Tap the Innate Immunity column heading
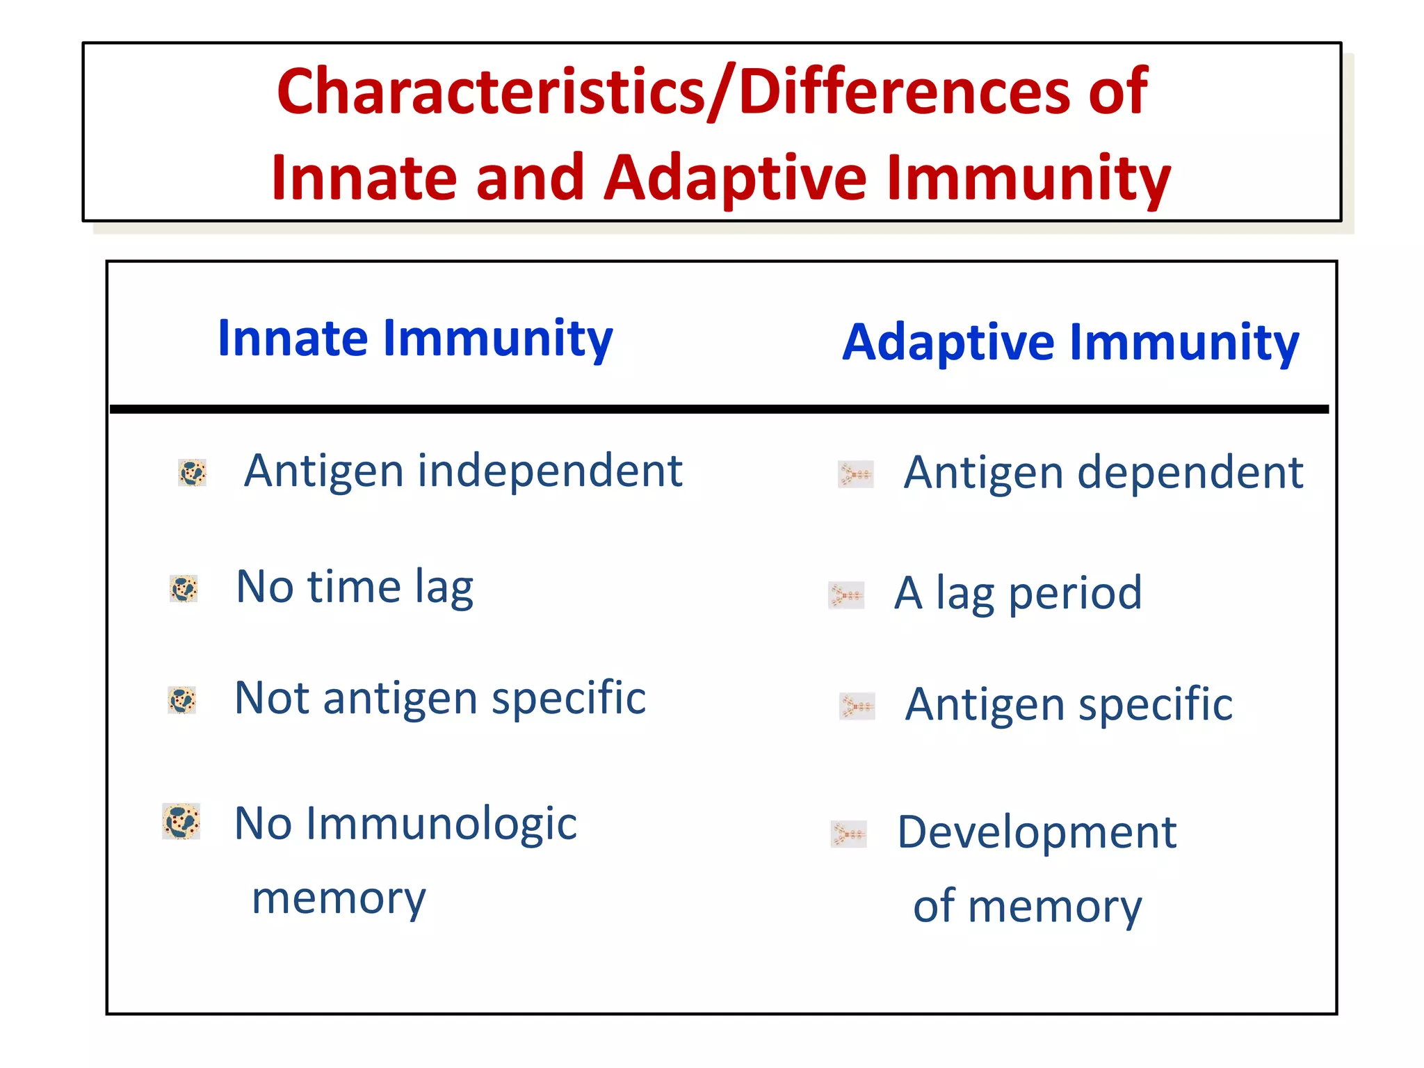pyautogui.click(x=415, y=339)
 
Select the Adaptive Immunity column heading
pyautogui.click(x=1070, y=343)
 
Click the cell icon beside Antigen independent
pyautogui.click(x=192, y=473)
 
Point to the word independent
pyautogui.click(x=549, y=471)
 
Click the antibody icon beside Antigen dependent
pyautogui.click(x=855, y=475)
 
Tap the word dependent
pyautogui.click(x=1190, y=474)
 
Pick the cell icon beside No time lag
pyautogui.click(x=184, y=589)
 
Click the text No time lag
pyautogui.click(x=355, y=588)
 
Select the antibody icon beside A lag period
pyautogui.click(x=846, y=596)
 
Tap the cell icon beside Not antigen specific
pyautogui.click(x=182, y=700)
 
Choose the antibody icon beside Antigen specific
pyautogui.click(x=857, y=706)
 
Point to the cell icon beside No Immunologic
pyautogui.click(x=181, y=822)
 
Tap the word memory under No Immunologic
pyautogui.click(x=339, y=898)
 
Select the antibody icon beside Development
pyautogui.click(x=848, y=834)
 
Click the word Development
pyautogui.click(x=1037, y=832)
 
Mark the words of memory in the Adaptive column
pyautogui.click(x=1027, y=907)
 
